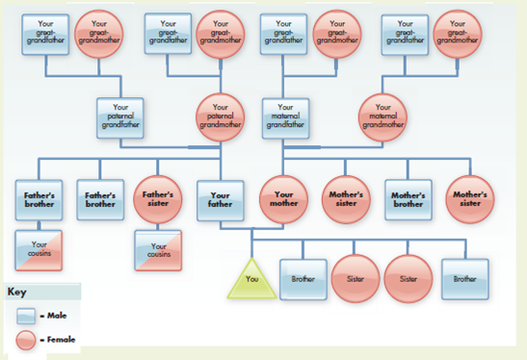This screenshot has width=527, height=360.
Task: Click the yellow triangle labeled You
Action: (x=251, y=280)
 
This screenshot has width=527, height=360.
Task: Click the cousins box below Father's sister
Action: (x=158, y=249)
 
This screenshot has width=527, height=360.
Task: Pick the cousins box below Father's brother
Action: (x=40, y=249)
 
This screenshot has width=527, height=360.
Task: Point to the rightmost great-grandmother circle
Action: (x=457, y=34)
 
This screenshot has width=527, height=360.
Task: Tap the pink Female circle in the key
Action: (x=30, y=339)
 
